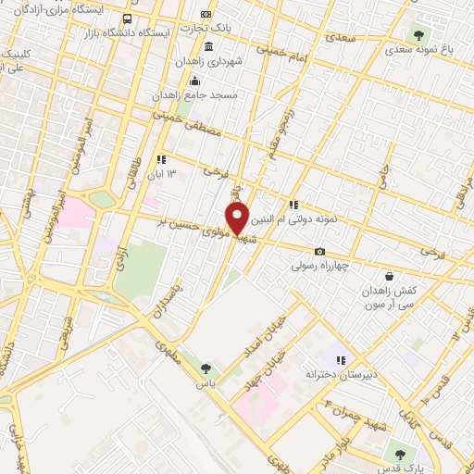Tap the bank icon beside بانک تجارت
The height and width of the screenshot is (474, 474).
(x=206, y=16)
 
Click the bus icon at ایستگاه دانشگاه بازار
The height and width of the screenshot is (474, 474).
(x=126, y=19)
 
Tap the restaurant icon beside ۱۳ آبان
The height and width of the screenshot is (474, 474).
(x=162, y=159)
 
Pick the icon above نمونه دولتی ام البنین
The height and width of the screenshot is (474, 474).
(x=293, y=205)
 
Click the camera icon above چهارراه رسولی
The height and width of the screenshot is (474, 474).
(x=319, y=251)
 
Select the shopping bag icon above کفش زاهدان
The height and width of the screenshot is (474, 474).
(x=389, y=276)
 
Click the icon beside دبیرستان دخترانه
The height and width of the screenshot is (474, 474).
(x=340, y=360)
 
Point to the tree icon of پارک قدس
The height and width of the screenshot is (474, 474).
(x=399, y=455)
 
